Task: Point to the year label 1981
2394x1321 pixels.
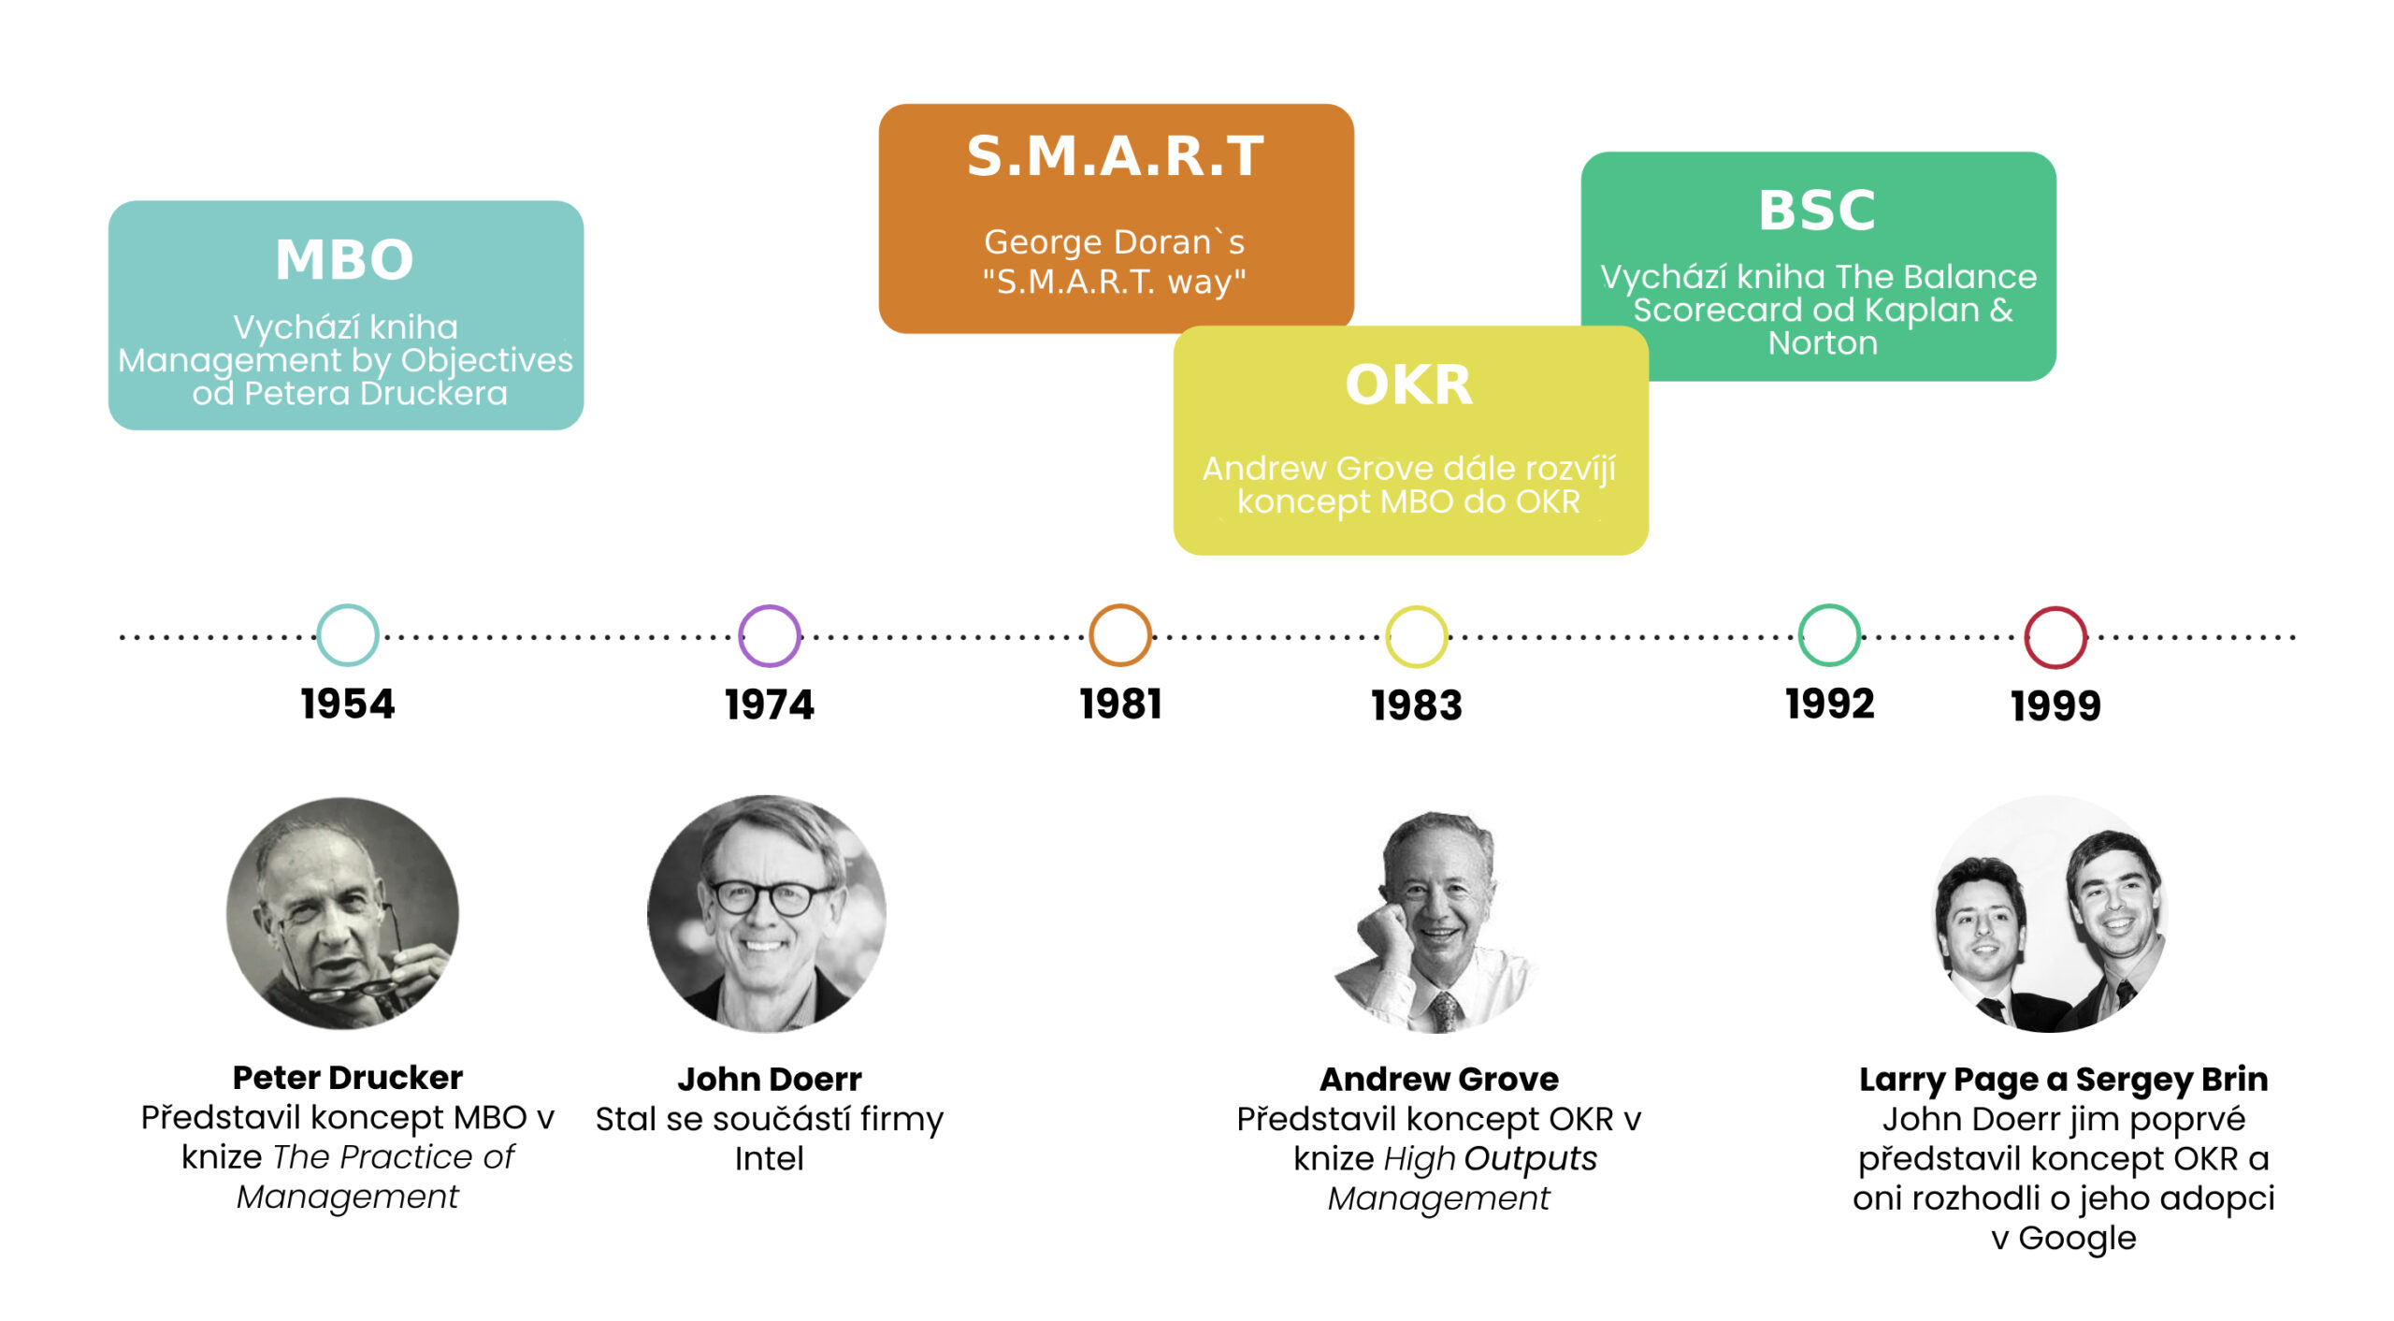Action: pyautogui.click(x=1120, y=704)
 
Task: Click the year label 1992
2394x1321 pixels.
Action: pyautogui.click(x=1830, y=704)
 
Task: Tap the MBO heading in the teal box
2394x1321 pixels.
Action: pyautogui.click(x=344, y=259)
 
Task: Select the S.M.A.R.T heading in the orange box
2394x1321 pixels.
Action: pyautogui.click(x=1116, y=155)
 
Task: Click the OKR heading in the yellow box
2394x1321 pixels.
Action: pyautogui.click(x=1409, y=385)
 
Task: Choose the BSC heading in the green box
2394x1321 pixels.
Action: pyautogui.click(x=1817, y=210)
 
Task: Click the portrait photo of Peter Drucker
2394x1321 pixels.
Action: pyautogui.click(x=343, y=913)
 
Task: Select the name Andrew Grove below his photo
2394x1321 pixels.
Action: pyautogui.click(x=1439, y=1079)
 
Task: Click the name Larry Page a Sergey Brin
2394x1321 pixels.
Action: pyautogui.click(x=2063, y=1080)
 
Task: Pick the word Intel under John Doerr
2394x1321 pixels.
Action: pyautogui.click(x=769, y=1158)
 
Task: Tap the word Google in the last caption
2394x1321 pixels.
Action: pyautogui.click(x=2077, y=1239)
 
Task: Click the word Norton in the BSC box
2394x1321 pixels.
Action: pyautogui.click(x=1823, y=343)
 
